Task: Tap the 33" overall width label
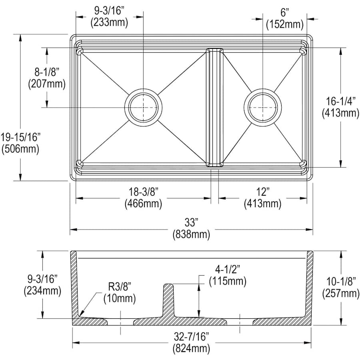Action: pyautogui.click(x=191, y=222)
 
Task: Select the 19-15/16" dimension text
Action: pyautogui.click(x=20, y=137)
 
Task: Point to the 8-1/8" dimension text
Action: pyautogui.click(x=47, y=72)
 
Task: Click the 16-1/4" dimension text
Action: pyautogui.click(x=341, y=101)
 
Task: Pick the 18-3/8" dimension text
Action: pyautogui.click(x=143, y=192)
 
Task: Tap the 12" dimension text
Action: pyautogui.click(x=263, y=192)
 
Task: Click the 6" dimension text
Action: pyautogui.click(x=285, y=13)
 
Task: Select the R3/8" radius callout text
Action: pyautogui.click(x=119, y=286)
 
